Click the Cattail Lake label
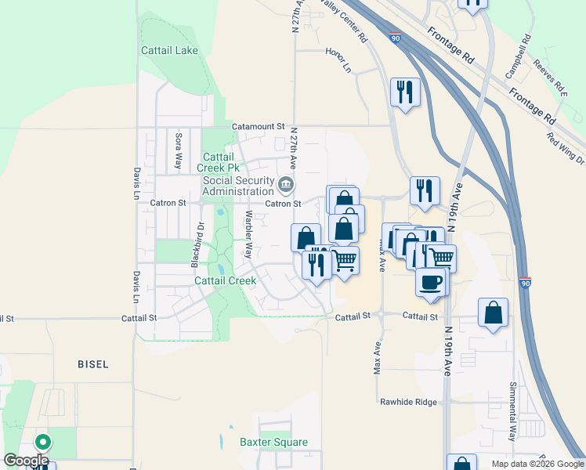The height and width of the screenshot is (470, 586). pos(169,50)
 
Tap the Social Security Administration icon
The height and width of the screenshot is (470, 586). pos(287,185)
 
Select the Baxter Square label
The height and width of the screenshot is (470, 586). pos(273,442)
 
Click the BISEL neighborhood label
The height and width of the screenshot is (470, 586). pos(93,364)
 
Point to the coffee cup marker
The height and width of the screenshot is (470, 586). pos(431,281)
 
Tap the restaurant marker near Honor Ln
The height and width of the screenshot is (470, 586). pos(405,92)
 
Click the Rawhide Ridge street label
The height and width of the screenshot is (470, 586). pos(408,402)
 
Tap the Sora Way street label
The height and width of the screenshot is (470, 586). pos(178,151)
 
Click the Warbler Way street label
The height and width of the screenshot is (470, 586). pos(248,234)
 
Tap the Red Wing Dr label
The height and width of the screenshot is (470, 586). pos(565,148)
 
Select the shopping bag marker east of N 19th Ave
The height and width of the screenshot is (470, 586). pos(493,313)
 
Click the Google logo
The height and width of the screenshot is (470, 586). pos(26,461)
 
